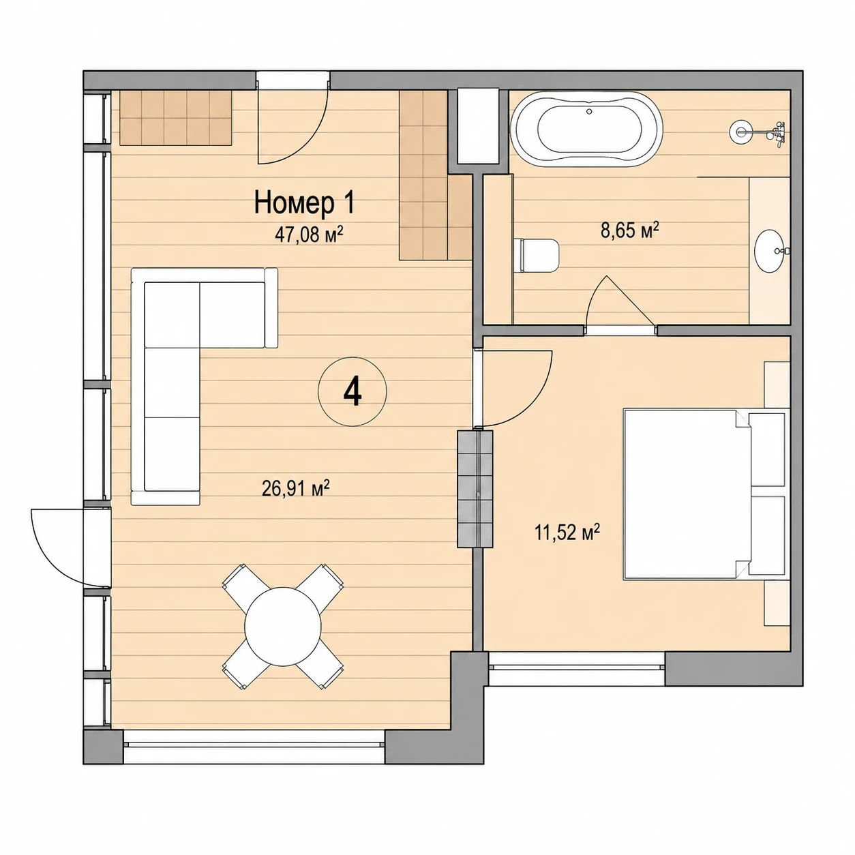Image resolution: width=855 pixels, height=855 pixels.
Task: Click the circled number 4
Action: (352, 392)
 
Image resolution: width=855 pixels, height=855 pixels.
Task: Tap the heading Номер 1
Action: (304, 202)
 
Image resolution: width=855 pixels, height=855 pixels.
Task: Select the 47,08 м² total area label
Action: (310, 234)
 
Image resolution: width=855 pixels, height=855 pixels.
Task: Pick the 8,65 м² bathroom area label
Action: (629, 230)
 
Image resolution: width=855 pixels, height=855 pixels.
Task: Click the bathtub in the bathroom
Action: (586, 129)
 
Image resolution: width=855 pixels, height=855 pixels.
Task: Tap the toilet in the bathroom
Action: (536, 255)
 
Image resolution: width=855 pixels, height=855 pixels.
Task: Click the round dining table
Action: (283, 627)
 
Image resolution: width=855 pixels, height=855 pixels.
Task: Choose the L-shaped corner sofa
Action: (171, 387)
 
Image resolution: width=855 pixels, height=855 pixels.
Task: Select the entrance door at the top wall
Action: (292, 117)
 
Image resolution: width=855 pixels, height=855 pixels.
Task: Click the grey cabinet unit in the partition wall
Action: (475, 489)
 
